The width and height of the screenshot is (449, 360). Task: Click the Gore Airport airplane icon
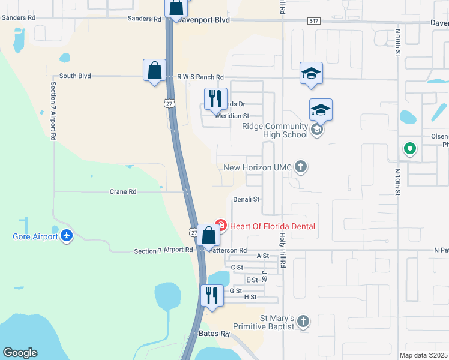[66, 235]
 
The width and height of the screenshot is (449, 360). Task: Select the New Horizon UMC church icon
[301, 167]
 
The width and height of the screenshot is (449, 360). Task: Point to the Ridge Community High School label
[275, 130]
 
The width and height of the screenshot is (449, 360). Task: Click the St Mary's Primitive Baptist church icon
[303, 322]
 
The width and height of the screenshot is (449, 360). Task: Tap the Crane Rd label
[123, 192]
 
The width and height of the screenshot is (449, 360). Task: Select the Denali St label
[246, 199]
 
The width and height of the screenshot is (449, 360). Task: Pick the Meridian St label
[232, 116]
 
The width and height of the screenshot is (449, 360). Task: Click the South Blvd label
[71, 76]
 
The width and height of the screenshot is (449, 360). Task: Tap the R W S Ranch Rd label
[200, 77]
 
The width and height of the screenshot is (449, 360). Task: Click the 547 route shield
[314, 20]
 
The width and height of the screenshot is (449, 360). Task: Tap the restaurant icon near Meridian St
[215, 98]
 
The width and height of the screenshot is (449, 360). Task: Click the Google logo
[20, 353]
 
